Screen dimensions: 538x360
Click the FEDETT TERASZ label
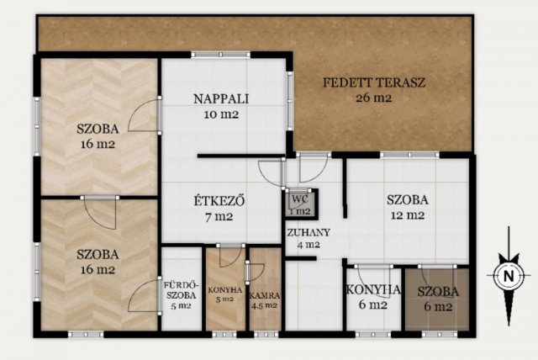click(x=374, y=82)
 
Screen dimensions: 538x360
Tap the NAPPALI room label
click(x=221, y=99)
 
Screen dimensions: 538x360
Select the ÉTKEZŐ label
click(x=219, y=201)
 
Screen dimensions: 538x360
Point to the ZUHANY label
click(x=309, y=233)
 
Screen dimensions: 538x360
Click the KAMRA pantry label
click(x=265, y=295)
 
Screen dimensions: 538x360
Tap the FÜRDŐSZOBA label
click(x=180, y=290)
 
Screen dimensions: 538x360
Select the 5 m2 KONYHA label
click(x=225, y=290)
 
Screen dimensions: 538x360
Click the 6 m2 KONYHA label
click(x=373, y=290)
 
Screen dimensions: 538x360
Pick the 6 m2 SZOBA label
click(x=438, y=292)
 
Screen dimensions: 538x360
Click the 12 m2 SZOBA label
click(x=408, y=199)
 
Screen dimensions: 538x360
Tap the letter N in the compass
click(x=509, y=276)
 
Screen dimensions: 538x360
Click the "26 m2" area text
click(x=373, y=98)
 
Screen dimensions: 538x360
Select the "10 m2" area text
click(x=221, y=114)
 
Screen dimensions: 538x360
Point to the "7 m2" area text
click(x=219, y=217)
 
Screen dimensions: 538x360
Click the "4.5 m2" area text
click(x=265, y=305)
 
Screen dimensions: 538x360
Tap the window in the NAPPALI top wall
click(x=221, y=55)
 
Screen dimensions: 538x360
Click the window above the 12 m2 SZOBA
click(x=409, y=155)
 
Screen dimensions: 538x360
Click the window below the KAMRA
click(x=266, y=334)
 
